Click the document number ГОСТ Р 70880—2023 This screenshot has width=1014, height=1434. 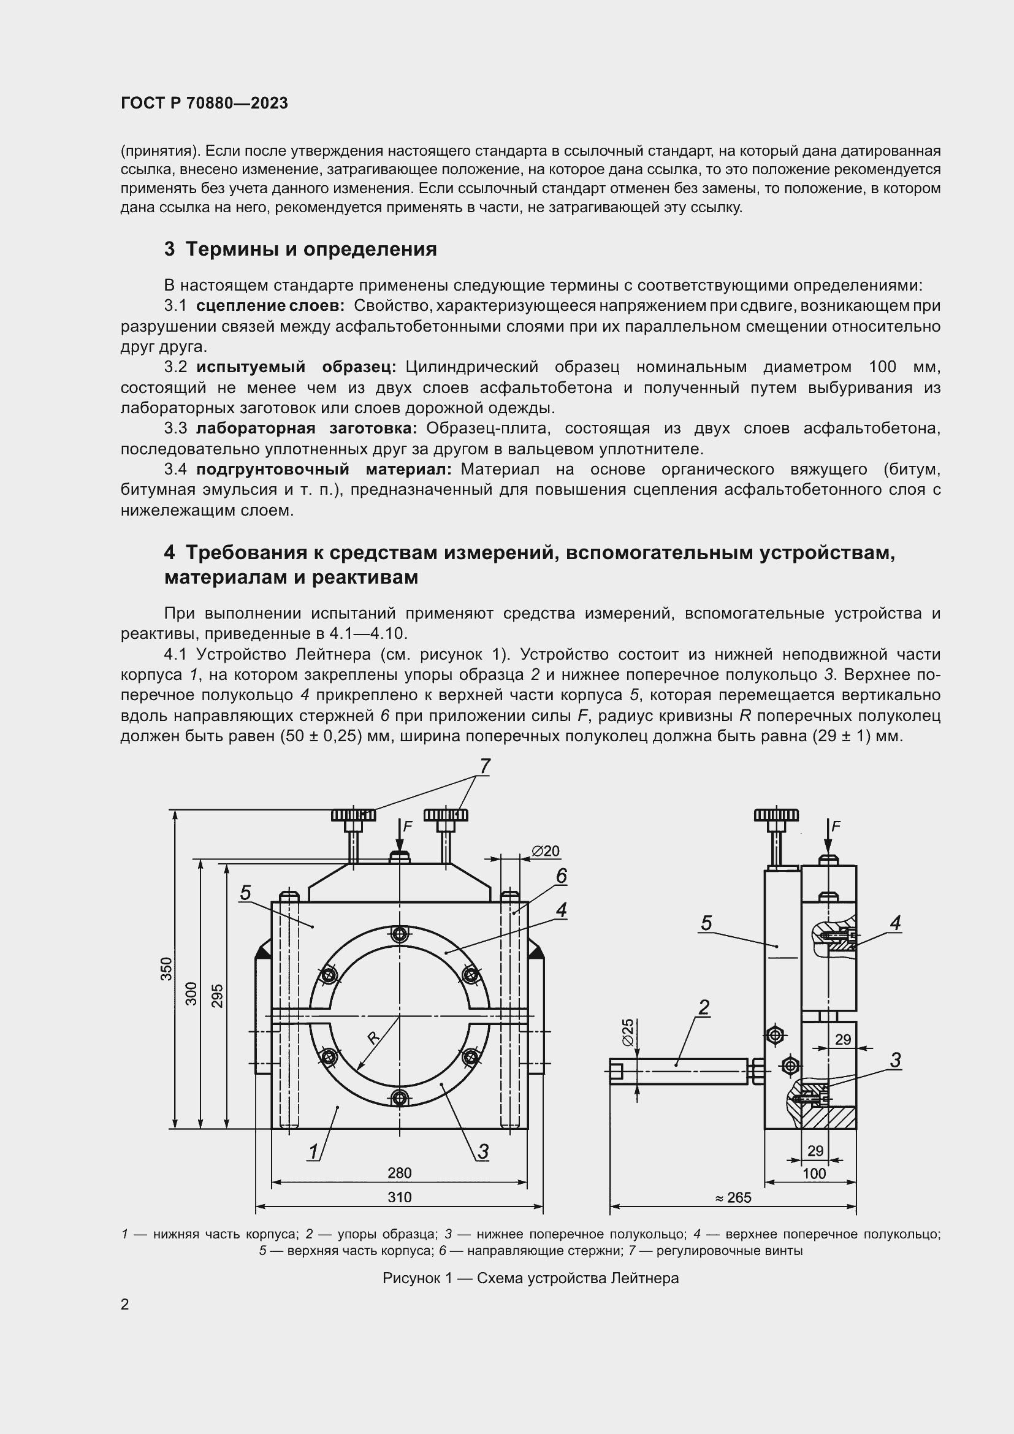(204, 103)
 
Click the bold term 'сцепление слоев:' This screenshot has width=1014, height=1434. (270, 306)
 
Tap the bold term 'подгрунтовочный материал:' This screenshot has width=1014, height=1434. (324, 469)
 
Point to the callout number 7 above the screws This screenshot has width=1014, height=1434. (485, 766)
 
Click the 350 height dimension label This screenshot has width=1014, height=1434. (166, 968)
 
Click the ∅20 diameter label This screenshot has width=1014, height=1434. (545, 851)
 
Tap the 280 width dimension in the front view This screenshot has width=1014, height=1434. (400, 1173)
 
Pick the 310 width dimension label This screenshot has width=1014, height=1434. (400, 1197)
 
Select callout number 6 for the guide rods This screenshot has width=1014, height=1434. (561, 876)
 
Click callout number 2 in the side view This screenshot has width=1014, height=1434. (704, 1007)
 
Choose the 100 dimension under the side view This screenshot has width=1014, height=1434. (814, 1173)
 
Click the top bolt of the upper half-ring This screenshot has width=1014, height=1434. (400, 935)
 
